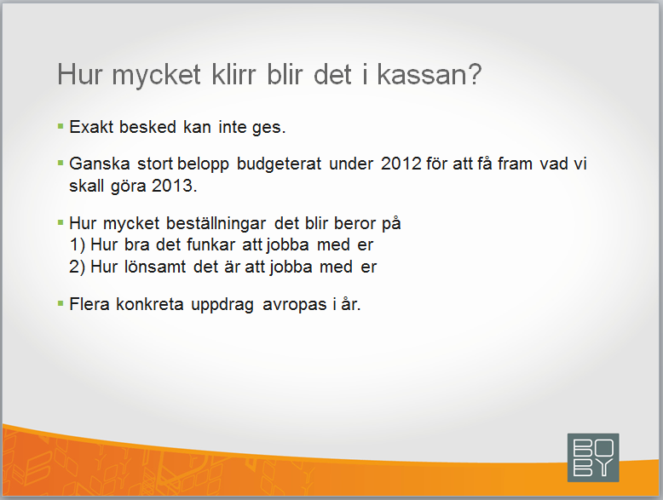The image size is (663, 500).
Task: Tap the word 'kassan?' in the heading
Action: coord(430,75)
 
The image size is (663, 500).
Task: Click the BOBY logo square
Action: coord(593,457)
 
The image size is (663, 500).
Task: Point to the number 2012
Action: coord(401,164)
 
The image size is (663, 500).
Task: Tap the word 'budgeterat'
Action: coord(279,164)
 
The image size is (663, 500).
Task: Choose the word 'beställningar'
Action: coord(216,223)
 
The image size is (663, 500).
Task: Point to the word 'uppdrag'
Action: coord(222,304)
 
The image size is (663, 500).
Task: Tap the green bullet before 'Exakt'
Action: coord(61,126)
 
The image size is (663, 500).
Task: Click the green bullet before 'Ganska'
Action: coord(61,163)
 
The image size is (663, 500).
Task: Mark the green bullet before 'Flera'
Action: coord(61,303)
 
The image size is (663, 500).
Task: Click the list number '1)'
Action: coord(78,245)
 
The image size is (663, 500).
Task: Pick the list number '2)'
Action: coord(78,267)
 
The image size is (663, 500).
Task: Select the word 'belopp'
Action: coord(203,164)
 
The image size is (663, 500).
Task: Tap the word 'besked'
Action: coord(147,127)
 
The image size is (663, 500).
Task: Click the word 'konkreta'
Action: coord(150,304)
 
